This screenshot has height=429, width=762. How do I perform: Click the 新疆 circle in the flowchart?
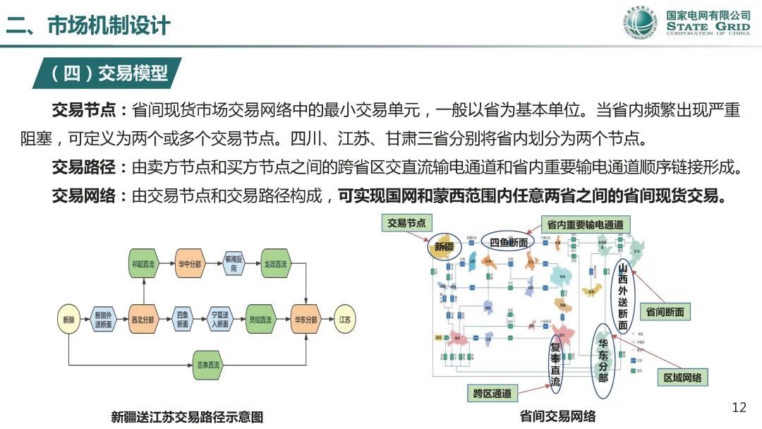click(x=68, y=320)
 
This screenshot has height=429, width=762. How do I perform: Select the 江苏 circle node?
click(x=344, y=320)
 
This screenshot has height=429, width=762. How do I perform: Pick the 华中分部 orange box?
click(x=188, y=264)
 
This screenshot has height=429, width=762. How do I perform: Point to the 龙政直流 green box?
click(x=275, y=264)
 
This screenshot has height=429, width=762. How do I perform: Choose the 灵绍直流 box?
click(x=260, y=320)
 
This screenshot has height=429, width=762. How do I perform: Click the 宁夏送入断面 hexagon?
click(x=220, y=320)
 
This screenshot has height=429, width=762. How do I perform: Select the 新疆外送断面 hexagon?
click(x=103, y=320)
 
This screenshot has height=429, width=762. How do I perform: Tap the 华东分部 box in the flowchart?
click(x=306, y=320)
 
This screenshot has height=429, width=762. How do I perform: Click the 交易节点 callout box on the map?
click(x=406, y=223)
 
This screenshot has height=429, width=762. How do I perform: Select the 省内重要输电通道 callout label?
click(x=585, y=224)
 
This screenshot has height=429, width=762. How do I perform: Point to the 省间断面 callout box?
click(x=665, y=311)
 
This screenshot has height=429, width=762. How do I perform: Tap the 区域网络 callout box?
click(x=682, y=377)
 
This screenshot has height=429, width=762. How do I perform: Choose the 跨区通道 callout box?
click(x=492, y=393)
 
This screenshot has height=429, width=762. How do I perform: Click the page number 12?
click(x=739, y=407)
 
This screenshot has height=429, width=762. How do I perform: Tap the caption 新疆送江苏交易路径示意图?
click(x=187, y=417)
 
